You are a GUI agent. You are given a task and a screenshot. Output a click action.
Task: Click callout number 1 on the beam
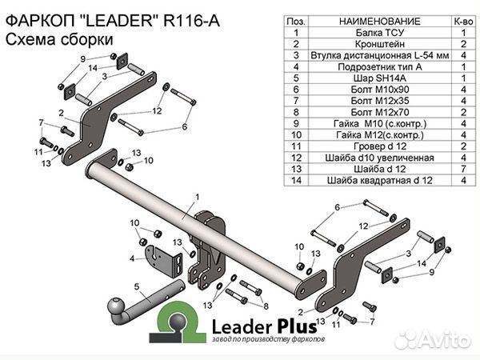point(195,196)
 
